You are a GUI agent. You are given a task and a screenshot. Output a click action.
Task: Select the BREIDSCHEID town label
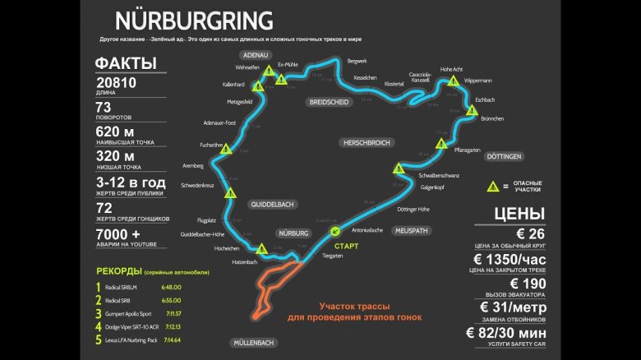point(329,102)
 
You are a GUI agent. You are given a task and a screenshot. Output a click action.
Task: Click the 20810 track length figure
point(116,83)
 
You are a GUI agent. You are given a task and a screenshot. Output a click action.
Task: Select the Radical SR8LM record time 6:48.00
point(171,287)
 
